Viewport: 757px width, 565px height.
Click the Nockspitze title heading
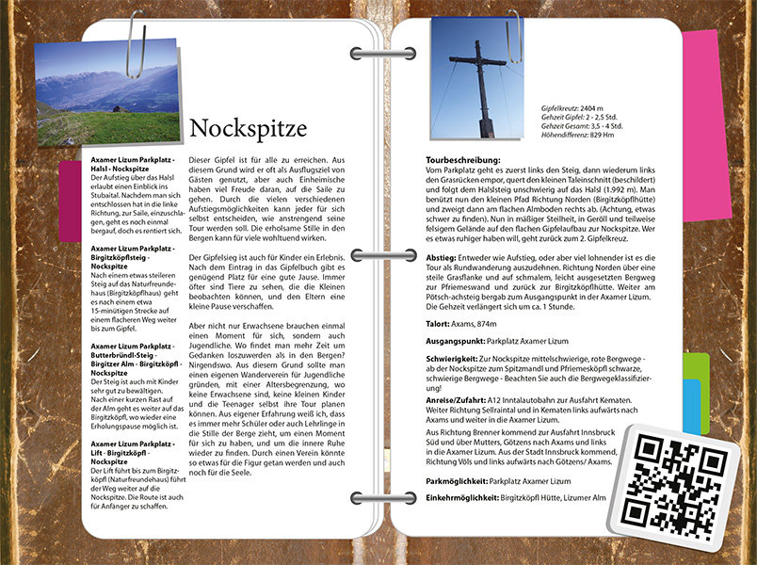pos(248,128)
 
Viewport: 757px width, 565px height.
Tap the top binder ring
pos(377,54)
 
